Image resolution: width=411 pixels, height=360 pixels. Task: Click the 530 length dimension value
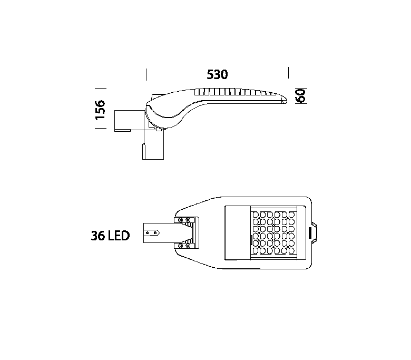(x=217, y=74)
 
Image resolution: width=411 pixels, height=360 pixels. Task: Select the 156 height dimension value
(x=100, y=110)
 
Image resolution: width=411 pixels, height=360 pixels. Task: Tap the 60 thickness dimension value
(x=301, y=96)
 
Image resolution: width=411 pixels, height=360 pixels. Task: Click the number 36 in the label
(x=98, y=236)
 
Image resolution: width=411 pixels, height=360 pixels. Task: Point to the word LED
(x=119, y=236)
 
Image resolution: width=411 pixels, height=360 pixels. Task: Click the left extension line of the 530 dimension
(x=146, y=74)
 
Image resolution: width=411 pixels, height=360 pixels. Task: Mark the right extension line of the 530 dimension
(x=288, y=73)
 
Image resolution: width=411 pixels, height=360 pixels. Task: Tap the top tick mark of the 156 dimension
(x=101, y=89)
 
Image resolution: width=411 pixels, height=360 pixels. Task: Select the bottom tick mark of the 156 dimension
(x=101, y=128)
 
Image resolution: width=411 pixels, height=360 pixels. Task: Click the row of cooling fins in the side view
(x=234, y=92)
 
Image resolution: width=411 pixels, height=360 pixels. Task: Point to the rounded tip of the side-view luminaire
(x=285, y=101)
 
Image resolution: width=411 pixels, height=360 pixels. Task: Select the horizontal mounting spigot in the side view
(x=129, y=121)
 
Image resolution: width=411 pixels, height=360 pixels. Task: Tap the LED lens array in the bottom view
(x=273, y=233)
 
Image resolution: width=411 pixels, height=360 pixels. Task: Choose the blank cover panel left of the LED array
(x=237, y=233)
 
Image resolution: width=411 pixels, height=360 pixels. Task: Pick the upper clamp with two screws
(x=186, y=221)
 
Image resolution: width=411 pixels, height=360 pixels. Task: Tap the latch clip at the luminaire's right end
(x=313, y=233)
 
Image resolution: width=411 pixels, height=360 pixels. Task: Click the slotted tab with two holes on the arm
(x=152, y=233)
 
